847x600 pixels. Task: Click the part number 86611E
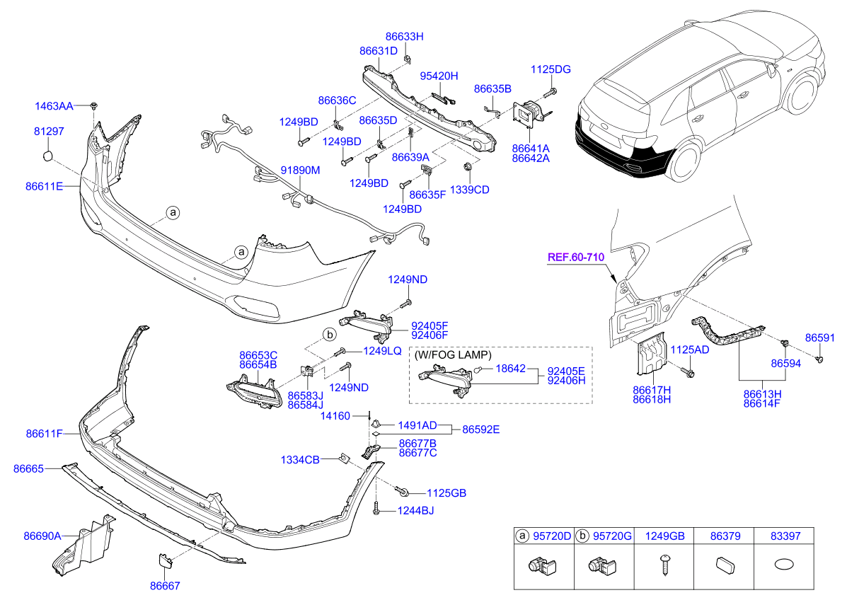tap(45, 186)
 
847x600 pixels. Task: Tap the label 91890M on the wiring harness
tap(301, 171)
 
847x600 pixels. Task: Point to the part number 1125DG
tap(551, 69)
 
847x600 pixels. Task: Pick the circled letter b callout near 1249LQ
tap(329, 334)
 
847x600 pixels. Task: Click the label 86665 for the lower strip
tap(29, 468)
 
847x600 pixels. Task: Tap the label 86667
tap(164, 586)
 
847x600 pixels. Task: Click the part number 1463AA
tap(54, 106)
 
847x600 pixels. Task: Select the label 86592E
tap(481, 429)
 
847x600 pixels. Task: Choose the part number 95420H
tap(439, 76)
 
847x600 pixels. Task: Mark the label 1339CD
tap(471, 190)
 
